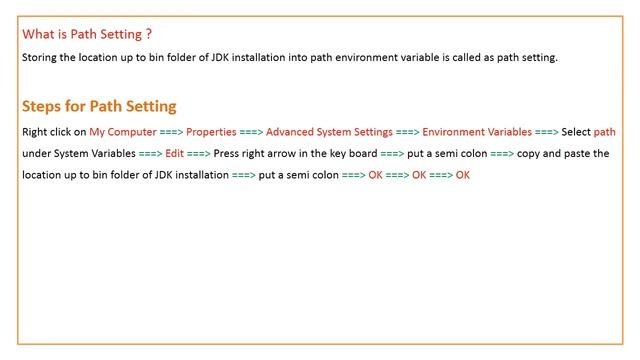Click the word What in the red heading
[38, 34]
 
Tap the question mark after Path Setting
[148, 34]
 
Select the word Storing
[40, 58]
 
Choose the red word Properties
[211, 132]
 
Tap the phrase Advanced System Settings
[329, 132]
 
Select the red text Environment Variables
[477, 132]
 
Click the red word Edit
[175, 154]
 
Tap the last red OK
[462, 176]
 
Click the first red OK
[375, 176]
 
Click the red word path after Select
[605, 132]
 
